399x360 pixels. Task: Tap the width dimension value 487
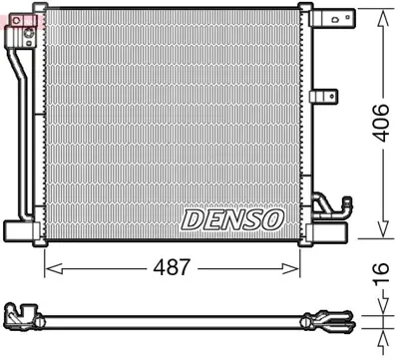(173, 268)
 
